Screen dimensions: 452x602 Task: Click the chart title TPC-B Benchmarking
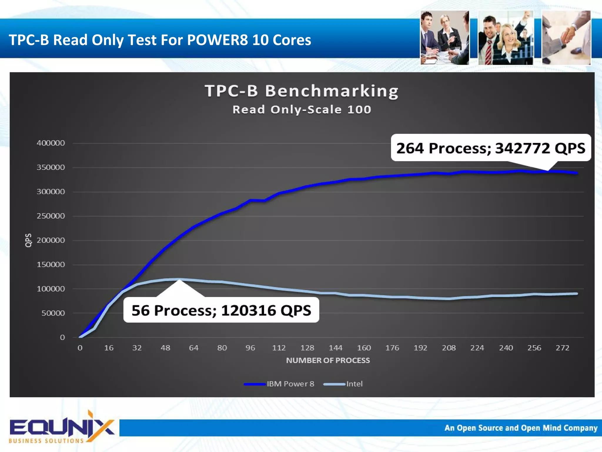[302, 91]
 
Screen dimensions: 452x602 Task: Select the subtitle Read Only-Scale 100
[302, 110]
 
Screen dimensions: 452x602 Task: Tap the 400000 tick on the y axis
[51, 143]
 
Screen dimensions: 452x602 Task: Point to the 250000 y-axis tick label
[51, 216]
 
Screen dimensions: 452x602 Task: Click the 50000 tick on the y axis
[53, 313]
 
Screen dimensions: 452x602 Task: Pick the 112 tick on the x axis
[279, 348]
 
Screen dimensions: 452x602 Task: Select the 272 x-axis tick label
[562, 348]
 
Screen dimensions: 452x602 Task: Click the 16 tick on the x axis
[109, 348]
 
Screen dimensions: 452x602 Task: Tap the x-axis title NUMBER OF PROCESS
[328, 361]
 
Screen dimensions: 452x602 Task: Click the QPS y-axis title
[28, 241]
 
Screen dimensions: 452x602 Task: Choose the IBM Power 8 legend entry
[279, 384]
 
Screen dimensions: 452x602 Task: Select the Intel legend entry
[343, 384]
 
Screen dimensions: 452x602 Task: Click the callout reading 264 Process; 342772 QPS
[491, 148]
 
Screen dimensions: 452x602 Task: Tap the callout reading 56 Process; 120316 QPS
[221, 310]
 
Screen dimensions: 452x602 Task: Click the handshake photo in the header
[566, 38]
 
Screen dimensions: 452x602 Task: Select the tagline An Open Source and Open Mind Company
[521, 428]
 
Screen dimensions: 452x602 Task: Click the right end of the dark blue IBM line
[577, 173]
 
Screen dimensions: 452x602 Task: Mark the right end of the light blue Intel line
[577, 293]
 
